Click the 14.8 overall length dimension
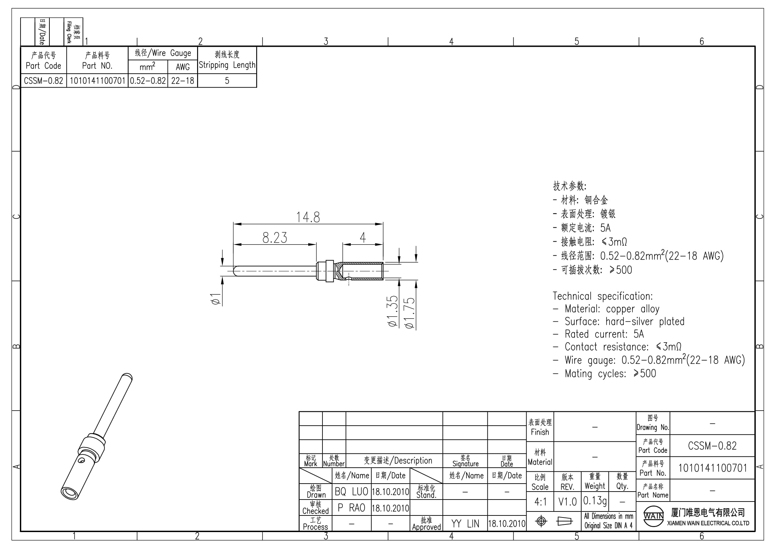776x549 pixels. (x=308, y=217)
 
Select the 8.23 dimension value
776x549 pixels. (x=275, y=238)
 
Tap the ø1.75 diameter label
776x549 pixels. (x=410, y=313)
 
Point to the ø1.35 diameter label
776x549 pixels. (x=393, y=311)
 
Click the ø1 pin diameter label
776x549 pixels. (x=216, y=299)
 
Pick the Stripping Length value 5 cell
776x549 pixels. (x=227, y=81)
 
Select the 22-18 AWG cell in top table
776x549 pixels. (x=182, y=81)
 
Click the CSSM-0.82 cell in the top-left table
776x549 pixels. (x=43, y=81)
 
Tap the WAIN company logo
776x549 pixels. (x=654, y=516)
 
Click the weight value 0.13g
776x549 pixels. (x=595, y=501)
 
